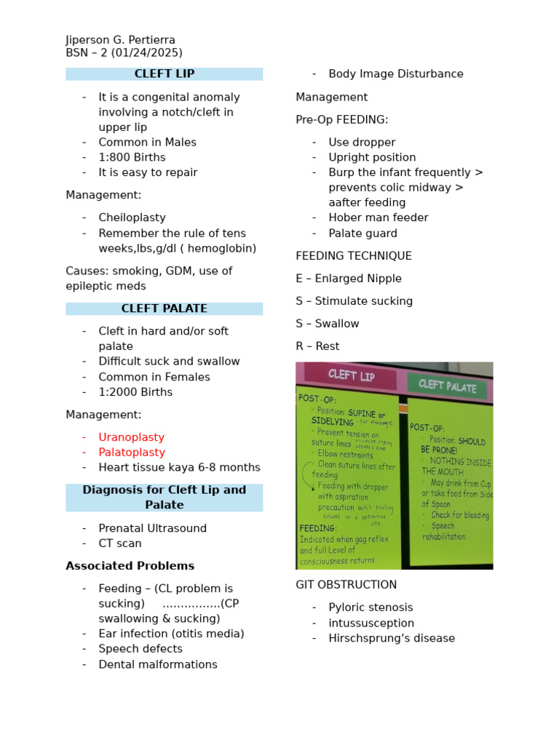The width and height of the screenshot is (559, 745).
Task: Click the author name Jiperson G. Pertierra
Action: point(120,40)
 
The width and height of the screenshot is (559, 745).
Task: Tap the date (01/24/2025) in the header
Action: point(147,52)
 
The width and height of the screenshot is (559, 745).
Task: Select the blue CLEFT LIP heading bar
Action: point(164,73)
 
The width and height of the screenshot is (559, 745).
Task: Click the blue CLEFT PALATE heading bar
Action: point(164,308)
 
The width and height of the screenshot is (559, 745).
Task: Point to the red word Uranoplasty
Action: point(132,437)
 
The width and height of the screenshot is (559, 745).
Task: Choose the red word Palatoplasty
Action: point(132,453)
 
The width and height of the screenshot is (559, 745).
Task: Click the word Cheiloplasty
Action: point(132,218)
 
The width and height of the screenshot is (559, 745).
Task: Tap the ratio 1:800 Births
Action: point(132,157)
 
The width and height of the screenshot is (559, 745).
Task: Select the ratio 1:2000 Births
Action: point(135,392)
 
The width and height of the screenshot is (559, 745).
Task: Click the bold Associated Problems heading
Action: point(130,566)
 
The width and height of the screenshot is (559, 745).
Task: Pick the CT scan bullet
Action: point(120,543)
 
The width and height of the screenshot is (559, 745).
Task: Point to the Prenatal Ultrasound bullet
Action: point(153,528)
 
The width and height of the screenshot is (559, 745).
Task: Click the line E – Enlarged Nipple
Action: point(349,279)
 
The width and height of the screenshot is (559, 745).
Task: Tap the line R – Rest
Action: point(317,346)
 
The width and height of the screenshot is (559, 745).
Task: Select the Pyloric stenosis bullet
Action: point(370,607)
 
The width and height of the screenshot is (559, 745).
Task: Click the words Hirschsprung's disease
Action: point(392,638)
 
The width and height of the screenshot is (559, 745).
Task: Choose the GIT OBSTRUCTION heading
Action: point(346,585)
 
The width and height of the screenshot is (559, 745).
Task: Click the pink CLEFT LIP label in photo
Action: point(351,375)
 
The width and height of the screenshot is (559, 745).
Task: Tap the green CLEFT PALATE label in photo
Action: point(446,386)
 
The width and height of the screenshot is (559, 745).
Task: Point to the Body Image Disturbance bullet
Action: point(395,73)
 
